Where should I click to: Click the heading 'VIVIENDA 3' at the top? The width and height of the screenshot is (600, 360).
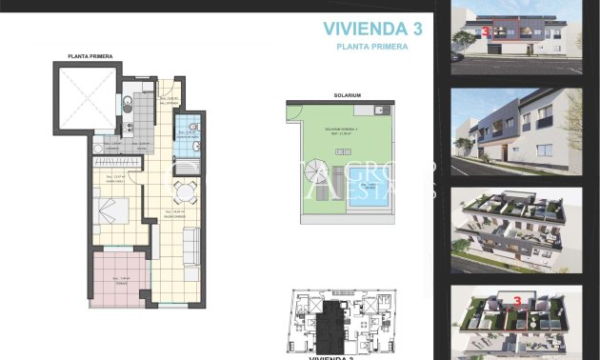coord(372,29)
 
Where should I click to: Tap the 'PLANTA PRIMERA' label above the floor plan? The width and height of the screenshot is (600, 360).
coord(90,57)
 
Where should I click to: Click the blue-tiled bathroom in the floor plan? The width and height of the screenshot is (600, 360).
coord(189,133)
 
